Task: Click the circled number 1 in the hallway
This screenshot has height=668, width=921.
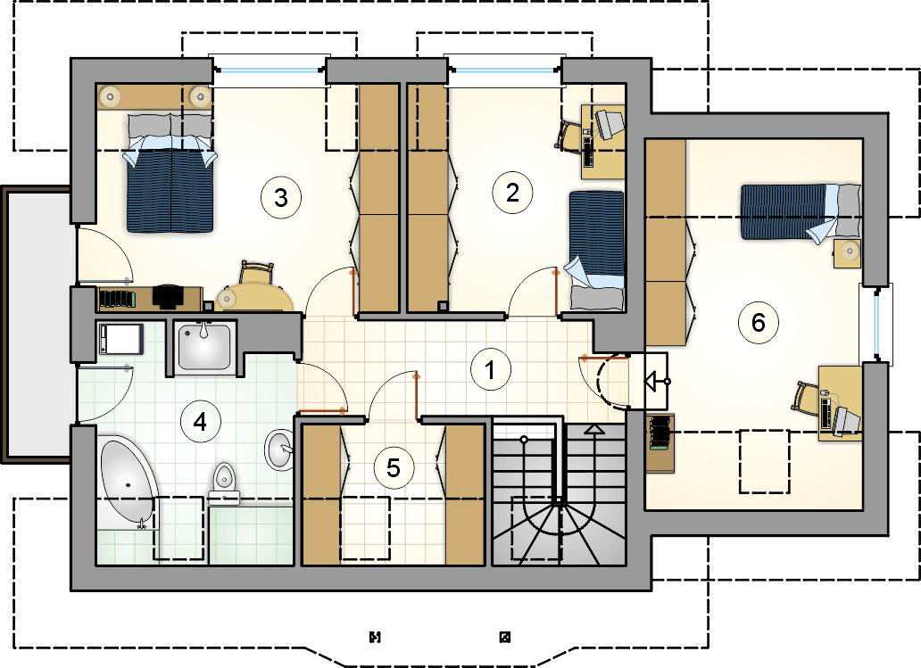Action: tap(491, 370)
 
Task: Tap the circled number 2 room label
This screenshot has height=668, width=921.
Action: tap(512, 193)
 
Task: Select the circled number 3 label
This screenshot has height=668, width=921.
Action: tap(281, 197)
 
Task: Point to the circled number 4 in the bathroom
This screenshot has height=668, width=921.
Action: tap(200, 422)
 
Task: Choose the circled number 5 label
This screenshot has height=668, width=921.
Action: tap(394, 468)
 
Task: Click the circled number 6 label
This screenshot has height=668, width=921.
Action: tap(759, 322)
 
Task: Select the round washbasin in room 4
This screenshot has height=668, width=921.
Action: tap(279, 449)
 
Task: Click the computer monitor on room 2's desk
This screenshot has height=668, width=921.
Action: tap(610, 125)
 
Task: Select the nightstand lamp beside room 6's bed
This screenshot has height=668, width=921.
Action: tap(849, 252)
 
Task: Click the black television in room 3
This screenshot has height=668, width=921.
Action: tap(168, 296)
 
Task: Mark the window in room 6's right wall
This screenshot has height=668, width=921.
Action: tap(875, 324)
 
